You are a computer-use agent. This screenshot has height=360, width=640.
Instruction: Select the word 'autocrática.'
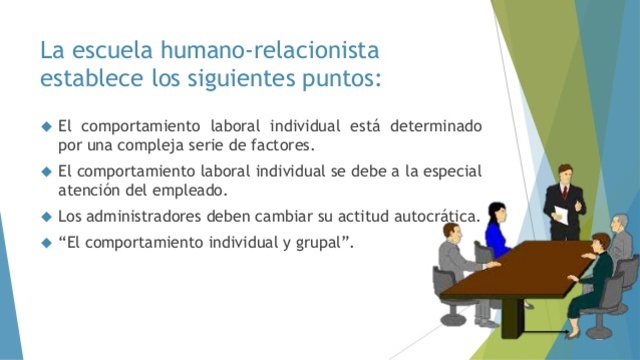[440, 215]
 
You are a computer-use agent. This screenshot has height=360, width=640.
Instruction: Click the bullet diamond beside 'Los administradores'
[45, 215]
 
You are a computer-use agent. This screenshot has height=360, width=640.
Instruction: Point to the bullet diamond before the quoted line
[45, 241]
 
